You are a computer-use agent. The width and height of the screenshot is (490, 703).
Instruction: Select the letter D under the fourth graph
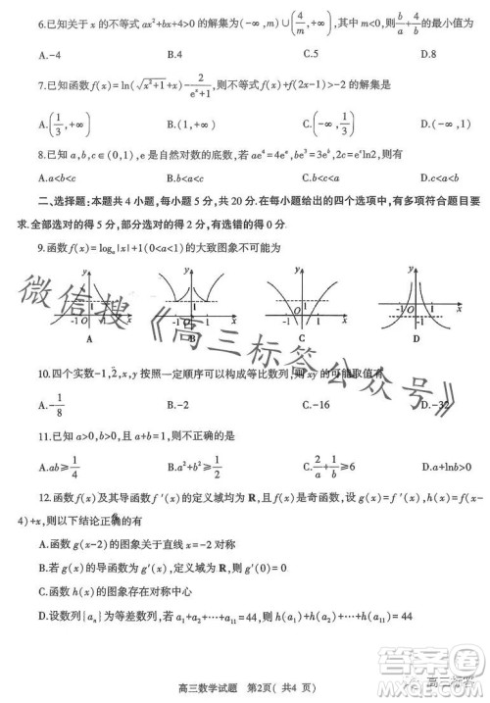pos(416,338)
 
